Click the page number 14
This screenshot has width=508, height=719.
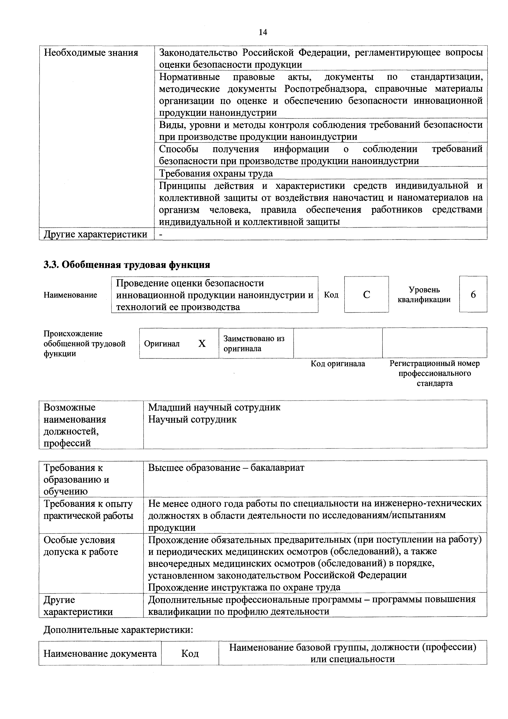(x=263, y=32)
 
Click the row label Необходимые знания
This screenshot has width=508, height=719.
(x=91, y=53)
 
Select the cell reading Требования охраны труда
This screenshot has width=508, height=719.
(x=216, y=173)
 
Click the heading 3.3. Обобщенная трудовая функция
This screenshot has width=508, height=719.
(x=127, y=265)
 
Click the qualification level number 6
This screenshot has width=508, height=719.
(x=473, y=294)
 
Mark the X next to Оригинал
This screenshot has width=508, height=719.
(x=202, y=344)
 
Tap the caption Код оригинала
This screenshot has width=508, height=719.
(x=338, y=363)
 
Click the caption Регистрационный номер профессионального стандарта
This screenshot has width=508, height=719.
(x=434, y=373)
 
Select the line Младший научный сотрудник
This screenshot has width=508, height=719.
(x=214, y=407)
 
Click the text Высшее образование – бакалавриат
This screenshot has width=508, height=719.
(x=226, y=467)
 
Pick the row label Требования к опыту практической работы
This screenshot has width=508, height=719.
(x=88, y=509)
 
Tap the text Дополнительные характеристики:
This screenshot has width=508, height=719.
(x=118, y=629)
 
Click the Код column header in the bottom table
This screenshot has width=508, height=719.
(x=190, y=654)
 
